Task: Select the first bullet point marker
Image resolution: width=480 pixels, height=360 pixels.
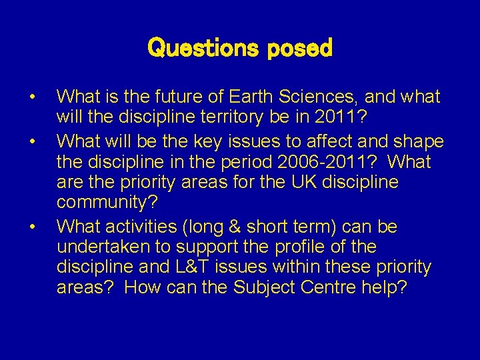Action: click(31, 99)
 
